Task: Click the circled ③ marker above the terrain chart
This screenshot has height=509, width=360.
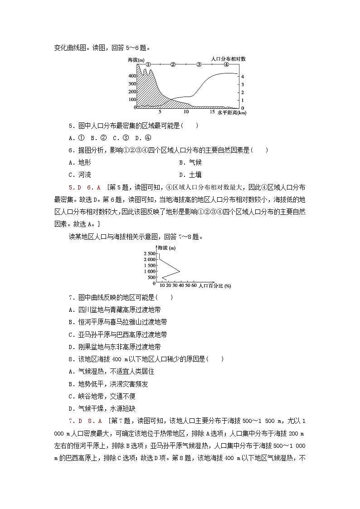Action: [199, 65]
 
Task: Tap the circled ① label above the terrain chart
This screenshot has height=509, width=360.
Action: [148, 65]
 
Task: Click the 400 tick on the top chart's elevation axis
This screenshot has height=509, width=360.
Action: [132, 76]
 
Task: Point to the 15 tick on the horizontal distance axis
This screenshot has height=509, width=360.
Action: [212, 111]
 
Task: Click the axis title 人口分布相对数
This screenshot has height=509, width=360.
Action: [229, 59]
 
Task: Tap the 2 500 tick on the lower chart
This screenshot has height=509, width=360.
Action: [149, 253]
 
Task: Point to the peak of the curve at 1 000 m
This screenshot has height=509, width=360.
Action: [180, 271]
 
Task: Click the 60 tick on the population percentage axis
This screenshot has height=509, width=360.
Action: [194, 286]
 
